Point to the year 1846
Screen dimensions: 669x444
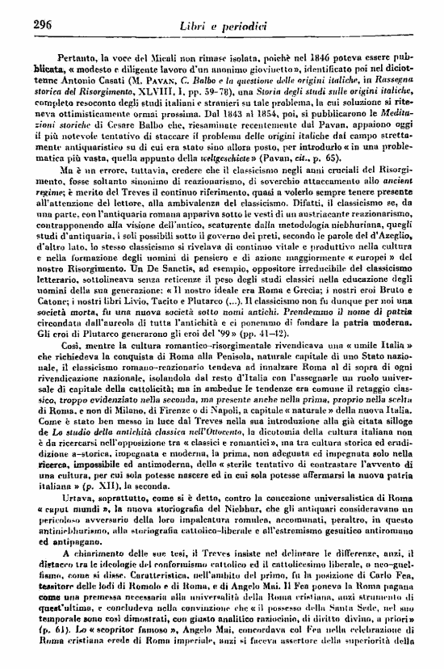(x=341, y=60)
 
